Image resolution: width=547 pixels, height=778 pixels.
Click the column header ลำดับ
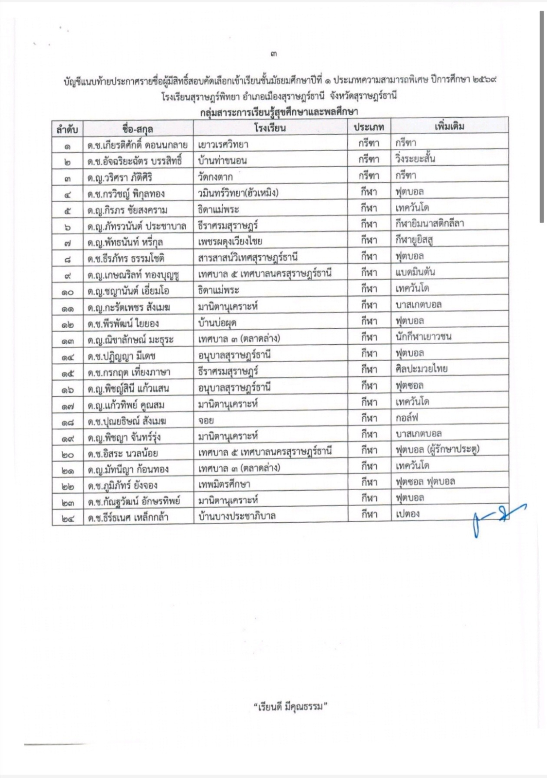67,129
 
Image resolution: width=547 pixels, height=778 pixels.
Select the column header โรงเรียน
270,128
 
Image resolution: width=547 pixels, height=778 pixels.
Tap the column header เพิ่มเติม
449,126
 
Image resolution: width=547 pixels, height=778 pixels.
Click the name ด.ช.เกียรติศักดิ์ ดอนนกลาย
137,145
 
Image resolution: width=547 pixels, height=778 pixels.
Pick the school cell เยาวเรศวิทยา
223,144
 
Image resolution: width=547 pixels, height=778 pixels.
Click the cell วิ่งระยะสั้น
415,159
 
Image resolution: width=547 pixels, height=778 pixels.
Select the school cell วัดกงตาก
215,177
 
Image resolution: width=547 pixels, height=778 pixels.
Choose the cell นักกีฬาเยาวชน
423,336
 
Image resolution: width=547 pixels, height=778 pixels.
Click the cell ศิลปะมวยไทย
422,369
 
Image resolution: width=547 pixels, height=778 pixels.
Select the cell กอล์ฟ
407,417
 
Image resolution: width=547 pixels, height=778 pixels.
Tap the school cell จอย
206,420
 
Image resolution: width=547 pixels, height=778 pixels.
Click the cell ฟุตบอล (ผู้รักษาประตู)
437,449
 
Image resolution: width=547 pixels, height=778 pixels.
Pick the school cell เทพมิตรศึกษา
224,484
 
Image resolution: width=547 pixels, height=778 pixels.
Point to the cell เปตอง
407,513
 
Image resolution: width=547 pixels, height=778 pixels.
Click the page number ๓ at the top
274,54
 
